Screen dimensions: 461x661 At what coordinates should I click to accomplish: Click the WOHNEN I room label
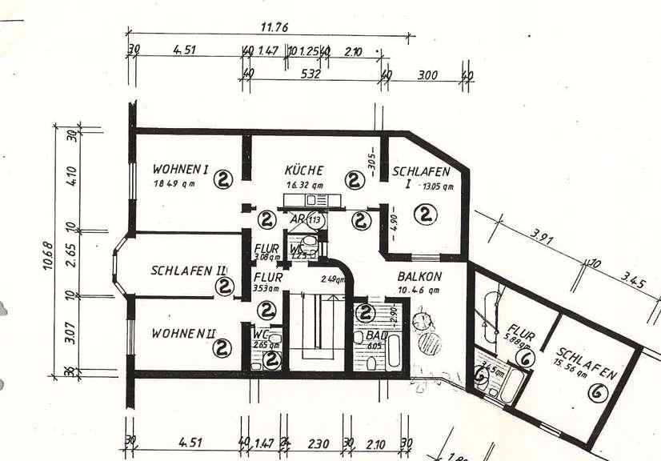(180, 170)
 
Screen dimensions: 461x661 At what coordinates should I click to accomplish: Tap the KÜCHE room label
(304, 170)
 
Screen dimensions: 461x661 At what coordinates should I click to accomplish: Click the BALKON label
(418, 279)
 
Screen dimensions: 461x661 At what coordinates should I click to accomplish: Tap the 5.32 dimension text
(310, 74)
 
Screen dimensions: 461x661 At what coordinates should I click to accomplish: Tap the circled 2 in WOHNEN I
(222, 179)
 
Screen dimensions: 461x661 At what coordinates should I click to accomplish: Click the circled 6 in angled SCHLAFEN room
(596, 392)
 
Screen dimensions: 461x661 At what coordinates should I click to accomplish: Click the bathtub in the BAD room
(395, 351)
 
